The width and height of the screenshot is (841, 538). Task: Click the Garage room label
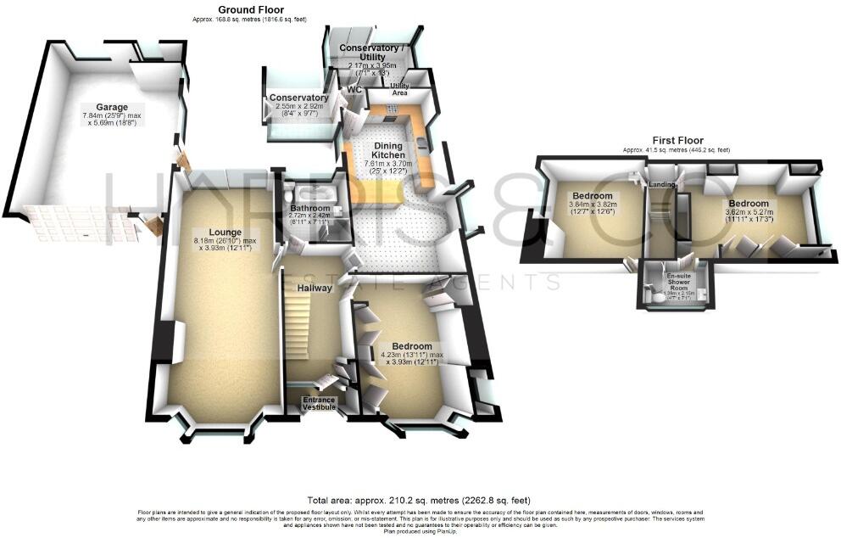111,107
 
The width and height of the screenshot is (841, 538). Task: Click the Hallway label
314,289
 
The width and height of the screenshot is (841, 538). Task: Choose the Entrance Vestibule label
320,404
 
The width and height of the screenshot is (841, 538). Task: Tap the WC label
354,89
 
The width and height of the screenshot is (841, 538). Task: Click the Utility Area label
399,89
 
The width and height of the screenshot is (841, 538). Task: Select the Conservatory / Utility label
368,53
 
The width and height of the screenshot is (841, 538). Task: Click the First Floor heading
676,140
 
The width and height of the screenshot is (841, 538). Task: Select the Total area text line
420,501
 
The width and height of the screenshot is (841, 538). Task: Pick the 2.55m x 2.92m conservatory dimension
298,110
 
